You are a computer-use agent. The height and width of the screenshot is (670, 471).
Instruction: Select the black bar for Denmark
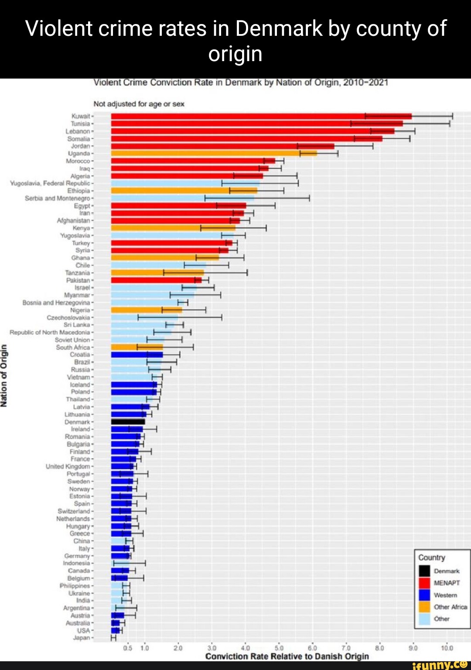coord(128,422)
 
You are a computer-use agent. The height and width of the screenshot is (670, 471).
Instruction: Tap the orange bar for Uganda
coord(214,153)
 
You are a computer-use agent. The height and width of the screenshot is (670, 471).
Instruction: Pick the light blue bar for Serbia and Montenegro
coord(182,198)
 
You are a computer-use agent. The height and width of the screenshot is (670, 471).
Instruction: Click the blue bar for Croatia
coord(137,354)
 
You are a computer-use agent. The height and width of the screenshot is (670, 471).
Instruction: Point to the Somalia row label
coord(78,139)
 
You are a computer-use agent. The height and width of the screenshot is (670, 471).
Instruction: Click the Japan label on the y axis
coord(82,638)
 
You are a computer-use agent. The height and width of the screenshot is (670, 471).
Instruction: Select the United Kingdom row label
coord(68,467)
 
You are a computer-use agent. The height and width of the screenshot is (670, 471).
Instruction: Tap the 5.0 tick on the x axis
coord(279,648)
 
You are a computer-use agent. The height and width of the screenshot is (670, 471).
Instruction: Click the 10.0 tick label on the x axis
coord(447,648)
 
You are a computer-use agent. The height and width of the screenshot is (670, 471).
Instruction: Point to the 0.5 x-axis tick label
coord(128,648)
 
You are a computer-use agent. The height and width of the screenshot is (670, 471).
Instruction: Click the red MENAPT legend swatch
coord(424,583)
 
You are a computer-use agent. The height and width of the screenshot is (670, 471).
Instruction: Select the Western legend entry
coord(445,595)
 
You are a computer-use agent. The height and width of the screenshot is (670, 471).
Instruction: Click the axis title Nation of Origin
coord(4,375)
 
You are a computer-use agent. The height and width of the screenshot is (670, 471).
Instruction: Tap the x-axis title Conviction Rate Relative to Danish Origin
coord(287,656)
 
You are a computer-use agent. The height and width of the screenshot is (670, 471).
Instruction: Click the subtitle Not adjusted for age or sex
coord(139,104)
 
